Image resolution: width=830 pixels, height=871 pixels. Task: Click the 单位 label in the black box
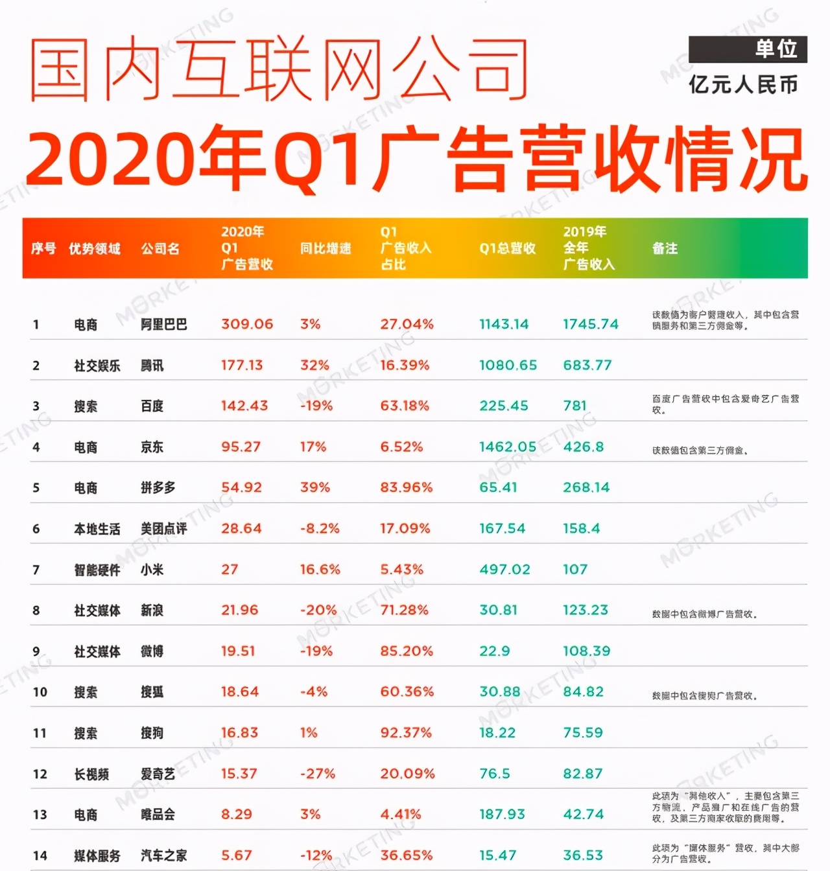pos(776,49)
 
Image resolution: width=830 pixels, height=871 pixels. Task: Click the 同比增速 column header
pos(325,248)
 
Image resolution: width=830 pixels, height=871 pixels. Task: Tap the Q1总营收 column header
pos(507,248)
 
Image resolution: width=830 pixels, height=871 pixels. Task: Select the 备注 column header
pos(665,248)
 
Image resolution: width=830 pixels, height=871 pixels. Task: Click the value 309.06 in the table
pos(247,324)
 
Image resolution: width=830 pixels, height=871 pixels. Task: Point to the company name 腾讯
pos(152,366)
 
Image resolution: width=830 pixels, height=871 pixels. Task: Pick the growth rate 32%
pos(314,366)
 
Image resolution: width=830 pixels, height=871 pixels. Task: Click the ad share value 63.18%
pos(405,406)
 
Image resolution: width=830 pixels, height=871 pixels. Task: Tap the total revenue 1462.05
pos(508,447)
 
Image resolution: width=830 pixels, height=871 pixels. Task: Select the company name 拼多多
pos(158,488)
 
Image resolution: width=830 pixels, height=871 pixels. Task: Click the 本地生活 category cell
pos(97,529)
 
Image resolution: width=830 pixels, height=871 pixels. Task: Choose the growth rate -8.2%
pos(320,529)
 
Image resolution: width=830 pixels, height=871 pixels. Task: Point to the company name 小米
pos(152,570)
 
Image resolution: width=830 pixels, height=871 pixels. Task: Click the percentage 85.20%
pos(407,651)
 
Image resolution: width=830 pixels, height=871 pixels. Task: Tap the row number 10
pos(40,692)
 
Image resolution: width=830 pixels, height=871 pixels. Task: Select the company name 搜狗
pos(152,733)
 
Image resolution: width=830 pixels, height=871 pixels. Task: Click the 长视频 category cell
pos(91,774)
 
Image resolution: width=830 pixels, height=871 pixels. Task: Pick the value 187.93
pos(501,815)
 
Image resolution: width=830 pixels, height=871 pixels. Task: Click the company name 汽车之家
pos(164,855)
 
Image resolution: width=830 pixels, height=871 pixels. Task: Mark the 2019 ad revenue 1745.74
pos(591,324)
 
